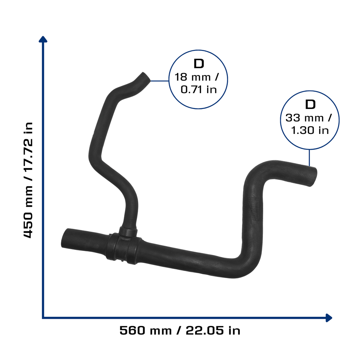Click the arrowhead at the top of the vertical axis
(x=43, y=39)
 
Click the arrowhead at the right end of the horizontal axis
(x=329, y=318)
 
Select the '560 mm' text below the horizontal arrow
(x=146, y=330)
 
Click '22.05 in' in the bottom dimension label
(x=213, y=330)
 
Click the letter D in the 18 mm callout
(x=199, y=64)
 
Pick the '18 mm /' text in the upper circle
(x=197, y=77)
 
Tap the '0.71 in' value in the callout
(x=199, y=90)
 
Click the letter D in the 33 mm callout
(x=310, y=104)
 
